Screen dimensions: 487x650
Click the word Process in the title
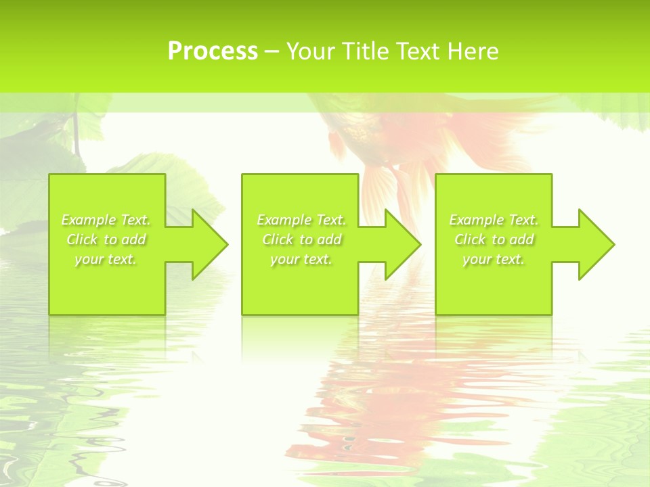point(213,51)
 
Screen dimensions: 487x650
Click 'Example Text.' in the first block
point(106,220)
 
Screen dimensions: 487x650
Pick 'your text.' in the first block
point(106,259)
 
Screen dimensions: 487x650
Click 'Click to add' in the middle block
point(301,239)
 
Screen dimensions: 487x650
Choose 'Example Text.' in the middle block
point(301,220)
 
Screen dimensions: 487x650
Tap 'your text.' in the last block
point(494,259)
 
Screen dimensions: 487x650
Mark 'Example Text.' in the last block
point(494,220)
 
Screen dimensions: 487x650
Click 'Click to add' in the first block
point(106,239)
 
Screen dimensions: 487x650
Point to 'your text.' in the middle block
point(301,259)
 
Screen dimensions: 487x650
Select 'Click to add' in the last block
point(494,239)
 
